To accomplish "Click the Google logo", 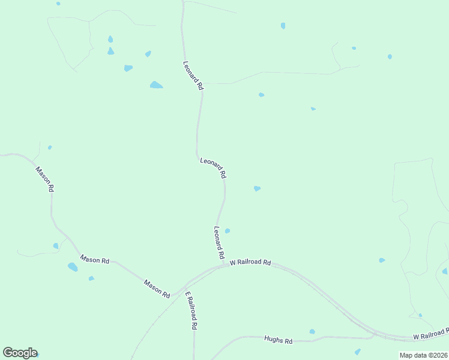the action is tap(19, 353).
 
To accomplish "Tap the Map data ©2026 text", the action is tap(423, 355).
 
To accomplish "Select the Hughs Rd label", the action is tap(278, 340).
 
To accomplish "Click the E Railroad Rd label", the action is tap(191, 311).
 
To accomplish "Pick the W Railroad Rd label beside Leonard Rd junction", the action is tap(250, 262).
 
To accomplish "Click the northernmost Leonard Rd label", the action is tap(193, 76).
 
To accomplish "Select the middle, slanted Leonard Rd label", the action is tap(213, 167).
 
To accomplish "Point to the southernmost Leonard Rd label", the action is tap(219, 242).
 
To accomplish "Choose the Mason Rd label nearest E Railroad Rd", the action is tap(157, 289).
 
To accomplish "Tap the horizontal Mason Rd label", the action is tap(95, 260).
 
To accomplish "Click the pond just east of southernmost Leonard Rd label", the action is tap(227, 230).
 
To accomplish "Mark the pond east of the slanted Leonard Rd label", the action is tap(257, 188).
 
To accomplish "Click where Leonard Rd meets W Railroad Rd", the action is tap(223, 264).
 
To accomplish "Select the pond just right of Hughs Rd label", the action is tap(312, 331).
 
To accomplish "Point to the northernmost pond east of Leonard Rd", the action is tap(283, 26).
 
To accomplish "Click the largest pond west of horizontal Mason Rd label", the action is tap(73, 267).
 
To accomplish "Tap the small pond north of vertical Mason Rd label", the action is tap(50, 147).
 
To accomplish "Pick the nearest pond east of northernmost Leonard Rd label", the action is tap(261, 95).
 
